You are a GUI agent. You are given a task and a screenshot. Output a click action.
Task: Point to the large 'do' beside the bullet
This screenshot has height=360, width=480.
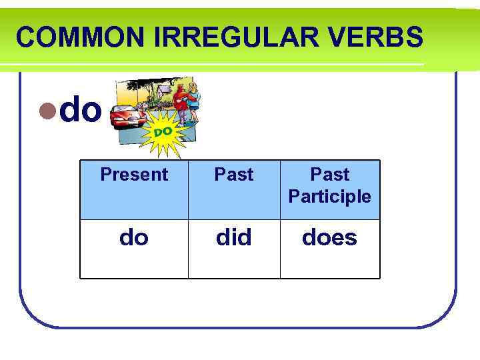coord(81,110)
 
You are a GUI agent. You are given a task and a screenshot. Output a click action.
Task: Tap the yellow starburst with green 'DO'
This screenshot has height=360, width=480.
coord(164,132)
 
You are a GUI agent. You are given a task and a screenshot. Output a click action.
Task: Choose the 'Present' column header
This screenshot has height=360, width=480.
coord(134,175)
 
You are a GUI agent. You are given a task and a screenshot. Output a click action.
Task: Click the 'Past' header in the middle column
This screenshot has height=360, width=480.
coord(234,175)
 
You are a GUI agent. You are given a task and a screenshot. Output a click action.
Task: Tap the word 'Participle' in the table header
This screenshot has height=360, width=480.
coord(330,197)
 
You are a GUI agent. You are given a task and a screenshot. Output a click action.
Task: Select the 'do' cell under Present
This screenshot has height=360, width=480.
coord(134,237)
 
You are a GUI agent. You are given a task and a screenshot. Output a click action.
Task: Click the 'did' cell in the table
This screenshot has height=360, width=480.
coord(234,237)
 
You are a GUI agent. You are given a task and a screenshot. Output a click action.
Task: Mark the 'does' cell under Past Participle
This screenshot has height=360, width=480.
coord(330,237)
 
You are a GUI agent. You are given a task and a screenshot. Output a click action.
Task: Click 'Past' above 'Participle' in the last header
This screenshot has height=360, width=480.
coord(330,175)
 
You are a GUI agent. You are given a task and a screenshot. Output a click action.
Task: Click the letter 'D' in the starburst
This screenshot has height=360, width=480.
coord(159,133)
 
